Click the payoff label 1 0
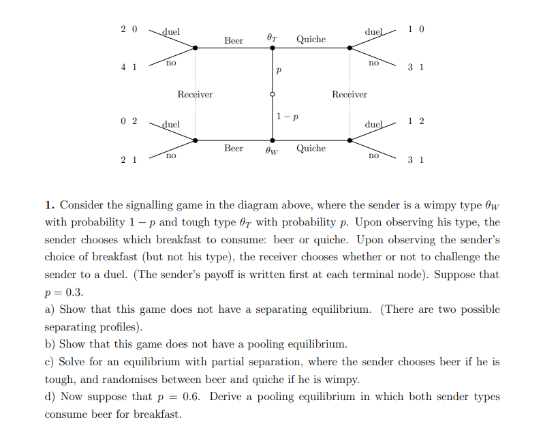416,29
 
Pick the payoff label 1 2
416,121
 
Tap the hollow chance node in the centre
273,95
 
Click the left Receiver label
195,95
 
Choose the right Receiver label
350,95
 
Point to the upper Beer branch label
234,41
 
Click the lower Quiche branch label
311,149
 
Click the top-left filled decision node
196,48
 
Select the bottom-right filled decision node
350,140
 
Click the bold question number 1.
50,204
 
